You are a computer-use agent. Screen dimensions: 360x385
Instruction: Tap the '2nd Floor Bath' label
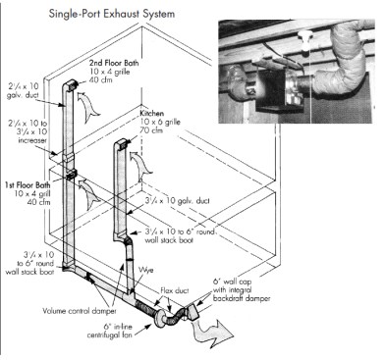[103, 62]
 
